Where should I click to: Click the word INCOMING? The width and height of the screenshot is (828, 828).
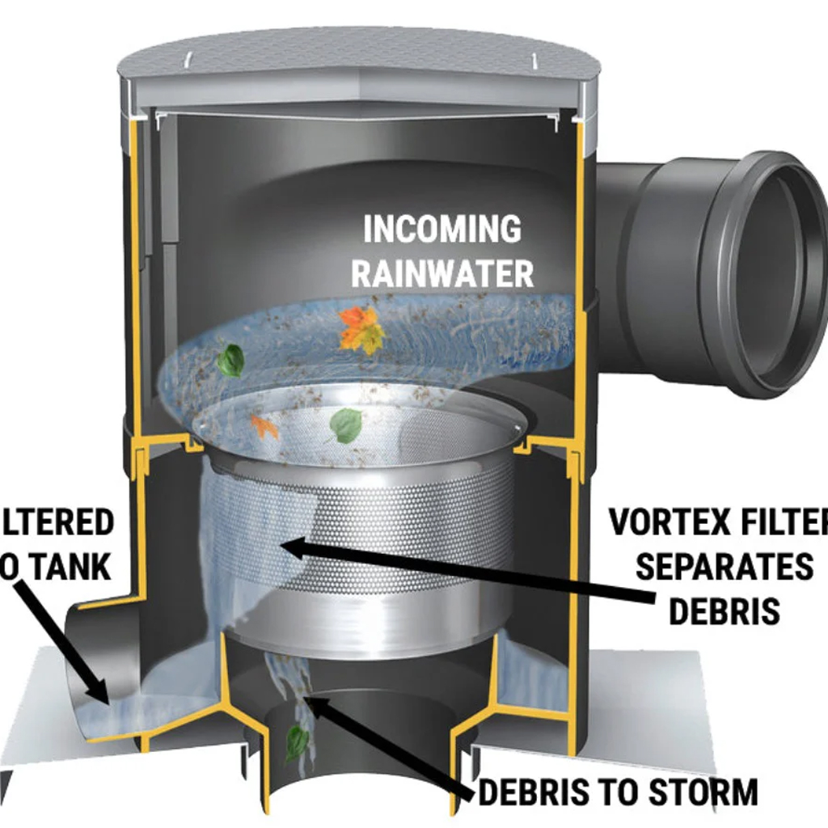pyautogui.click(x=441, y=230)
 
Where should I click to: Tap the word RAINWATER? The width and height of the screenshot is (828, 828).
pyautogui.click(x=442, y=273)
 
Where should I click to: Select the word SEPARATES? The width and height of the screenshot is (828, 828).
pyautogui.click(x=724, y=567)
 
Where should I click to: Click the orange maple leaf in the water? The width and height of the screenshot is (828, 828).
pyautogui.click(x=361, y=329)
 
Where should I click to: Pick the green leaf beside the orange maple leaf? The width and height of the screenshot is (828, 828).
pyautogui.click(x=230, y=360)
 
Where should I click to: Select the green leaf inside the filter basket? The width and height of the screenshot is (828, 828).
pyautogui.click(x=346, y=425)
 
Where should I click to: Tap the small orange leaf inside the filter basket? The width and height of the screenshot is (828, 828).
pyautogui.click(x=264, y=425)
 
